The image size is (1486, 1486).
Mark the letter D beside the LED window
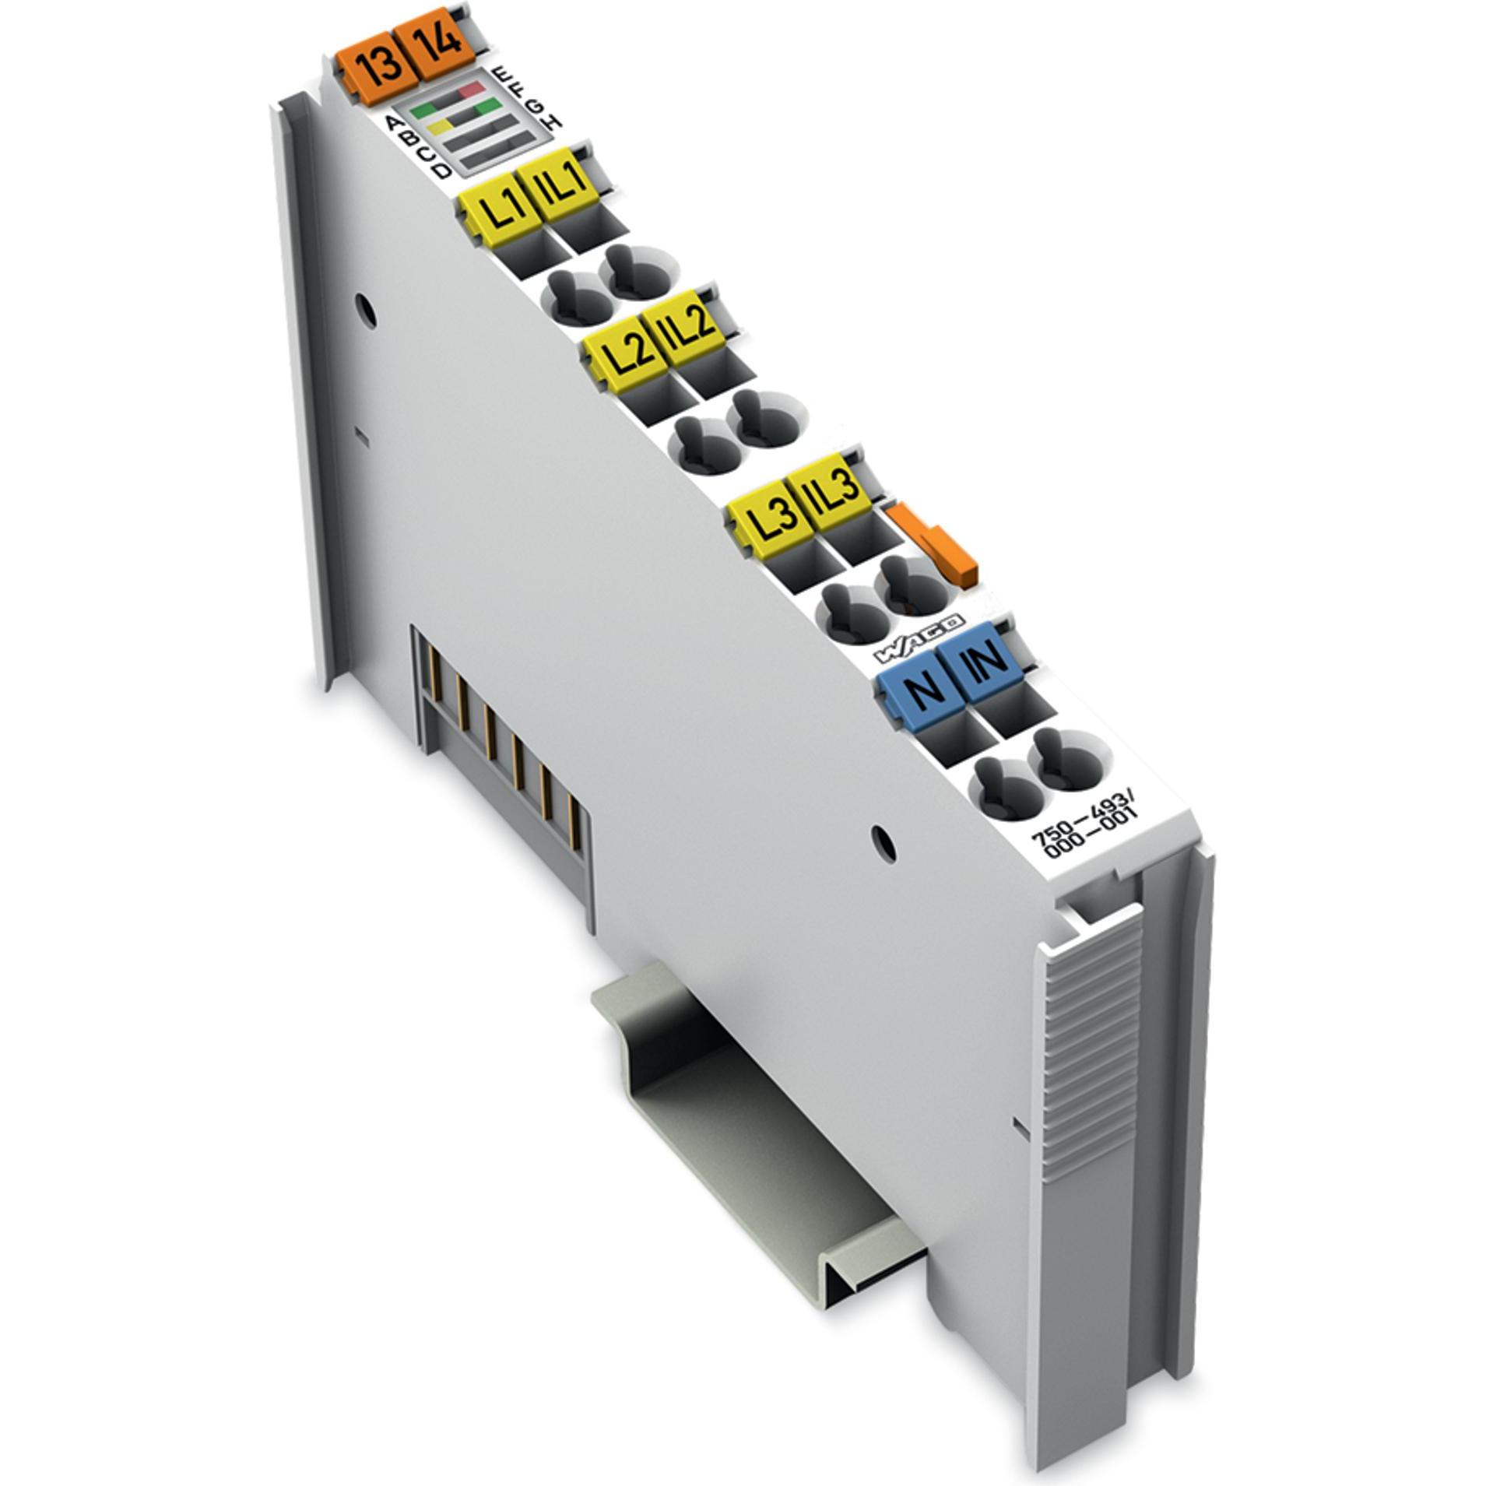pyautogui.click(x=442, y=170)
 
